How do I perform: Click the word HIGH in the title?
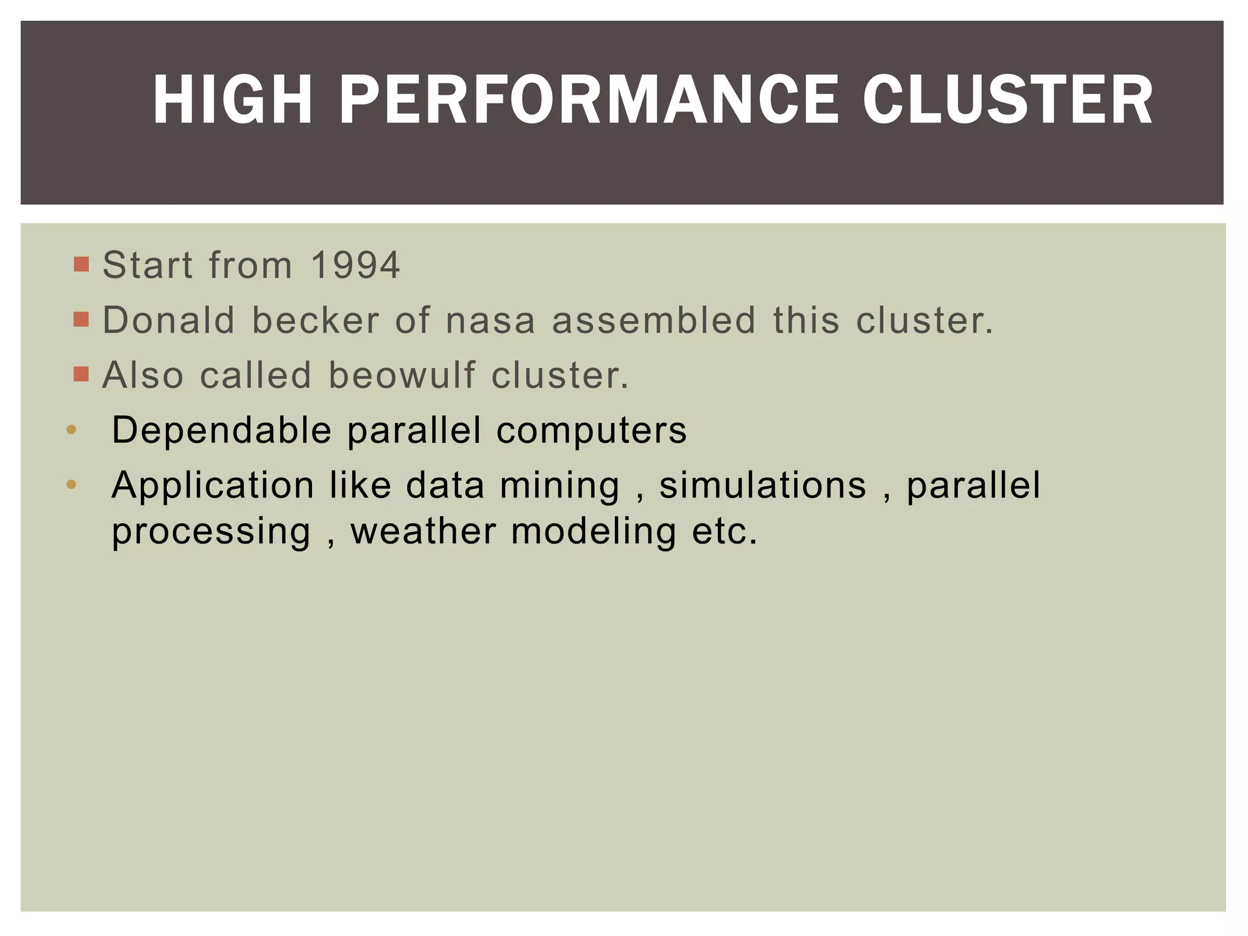point(232,100)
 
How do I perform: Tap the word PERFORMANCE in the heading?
point(589,100)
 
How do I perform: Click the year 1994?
point(355,265)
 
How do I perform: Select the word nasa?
point(491,320)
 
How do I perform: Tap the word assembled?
point(654,320)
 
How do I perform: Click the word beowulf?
point(402,375)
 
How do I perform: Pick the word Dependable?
point(222,430)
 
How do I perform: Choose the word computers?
point(592,430)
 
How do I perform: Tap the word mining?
point(559,486)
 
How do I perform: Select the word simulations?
point(763,486)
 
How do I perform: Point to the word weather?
point(424,531)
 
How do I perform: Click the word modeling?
point(594,531)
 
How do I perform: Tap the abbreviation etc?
point(725,531)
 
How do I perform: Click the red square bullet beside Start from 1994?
point(81,264)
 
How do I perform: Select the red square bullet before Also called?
point(81,374)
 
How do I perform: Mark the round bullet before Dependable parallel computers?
point(71,430)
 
